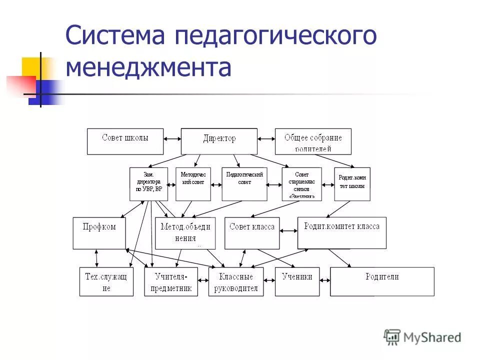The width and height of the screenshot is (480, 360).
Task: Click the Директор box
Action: [x=219, y=141]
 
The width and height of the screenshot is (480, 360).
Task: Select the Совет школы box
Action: [x=125, y=141]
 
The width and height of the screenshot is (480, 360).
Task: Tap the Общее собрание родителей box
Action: [x=313, y=141]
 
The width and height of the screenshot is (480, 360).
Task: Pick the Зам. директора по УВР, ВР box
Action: [x=148, y=184]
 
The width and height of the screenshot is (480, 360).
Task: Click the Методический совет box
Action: [x=193, y=184]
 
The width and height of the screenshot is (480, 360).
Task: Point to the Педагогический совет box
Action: [x=244, y=184]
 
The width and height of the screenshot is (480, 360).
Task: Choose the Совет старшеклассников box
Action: [x=302, y=184]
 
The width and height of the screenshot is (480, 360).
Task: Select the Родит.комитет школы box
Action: [x=352, y=184]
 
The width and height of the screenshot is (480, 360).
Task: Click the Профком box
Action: [x=99, y=233]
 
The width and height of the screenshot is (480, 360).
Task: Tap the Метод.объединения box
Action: [x=185, y=233]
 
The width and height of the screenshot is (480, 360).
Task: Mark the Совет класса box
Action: [x=252, y=233]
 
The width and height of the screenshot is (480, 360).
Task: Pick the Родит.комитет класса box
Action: [x=341, y=232]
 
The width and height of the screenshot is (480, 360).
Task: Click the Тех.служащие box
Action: [x=106, y=281]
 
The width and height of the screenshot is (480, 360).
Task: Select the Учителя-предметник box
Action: [x=171, y=281]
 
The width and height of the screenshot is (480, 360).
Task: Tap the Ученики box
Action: [x=297, y=281]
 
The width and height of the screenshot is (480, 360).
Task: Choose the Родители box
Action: [x=382, y=281]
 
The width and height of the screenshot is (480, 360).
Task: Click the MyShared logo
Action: [x=422, y=337]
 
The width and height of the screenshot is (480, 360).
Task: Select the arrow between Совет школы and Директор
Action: [x=172, y=138]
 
